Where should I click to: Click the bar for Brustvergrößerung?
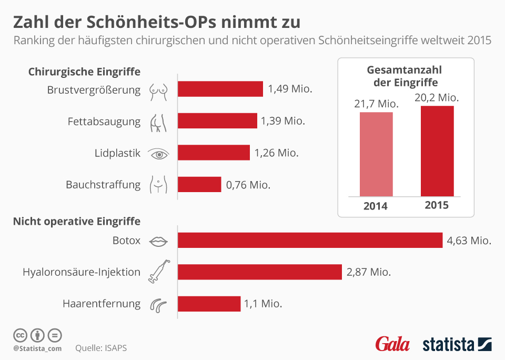pyautogui.click(x=220, y=89)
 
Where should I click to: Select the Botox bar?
pyautogui.click(x=310, y=241)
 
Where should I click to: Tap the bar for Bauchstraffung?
pyautogui.click(x=199, y=184)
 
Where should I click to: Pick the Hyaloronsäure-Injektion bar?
pyautogui.click(x=260, y=272)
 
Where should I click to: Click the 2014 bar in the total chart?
pyautogui.click(x=376, y=154)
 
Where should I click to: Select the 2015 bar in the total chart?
pyautogui.click(x=437, y=151)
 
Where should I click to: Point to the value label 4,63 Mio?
pyautogui.click(x=469, y=241)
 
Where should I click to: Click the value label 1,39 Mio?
pyautogui.click(x=283, y=121)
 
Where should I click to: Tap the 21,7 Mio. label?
pyautogui.click(x=376, y=104)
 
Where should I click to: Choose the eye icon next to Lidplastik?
pyautogui.click(x=159, y=153)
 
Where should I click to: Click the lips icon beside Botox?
pyautogui.click(x=159, y=241)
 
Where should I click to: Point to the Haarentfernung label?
pyautogui.click(x=102, y=304)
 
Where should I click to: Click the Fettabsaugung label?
pyautogui.click(x=104, y=122)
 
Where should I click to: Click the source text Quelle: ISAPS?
pyautogui.click(x=101, y=348)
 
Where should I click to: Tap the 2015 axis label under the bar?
pyautogui.click(x=437, y=205)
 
